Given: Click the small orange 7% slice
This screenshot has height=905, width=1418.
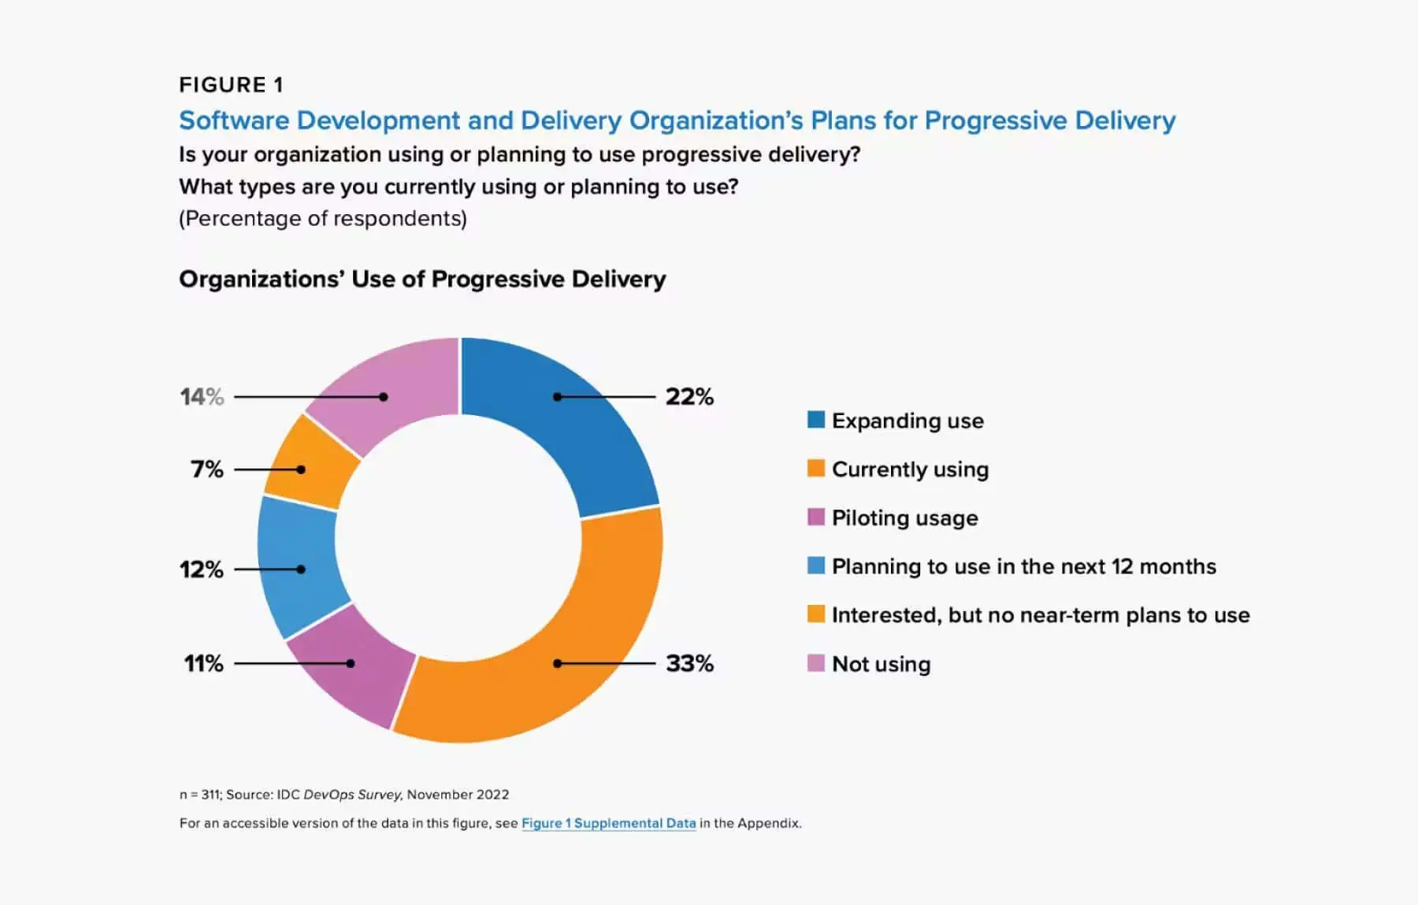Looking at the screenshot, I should [x=311, y=465].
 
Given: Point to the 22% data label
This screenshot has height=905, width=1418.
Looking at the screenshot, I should [x=689, y=397].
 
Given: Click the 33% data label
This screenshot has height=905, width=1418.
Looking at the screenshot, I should [x=689, y=663].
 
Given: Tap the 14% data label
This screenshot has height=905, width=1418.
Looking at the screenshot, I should [x=202, y=397].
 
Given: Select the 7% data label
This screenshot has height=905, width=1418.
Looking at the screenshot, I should [x=207, y=469].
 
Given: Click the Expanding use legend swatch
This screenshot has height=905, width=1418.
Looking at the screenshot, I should [x=816, y=420].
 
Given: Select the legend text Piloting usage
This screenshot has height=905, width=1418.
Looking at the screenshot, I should [x=904, y=517].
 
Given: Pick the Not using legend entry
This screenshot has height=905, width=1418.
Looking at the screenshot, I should [x=881, y=664].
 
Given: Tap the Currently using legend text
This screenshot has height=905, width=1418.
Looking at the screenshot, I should [x=910, y=469].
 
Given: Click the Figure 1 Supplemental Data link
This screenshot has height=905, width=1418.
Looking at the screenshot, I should [x=608, y=823].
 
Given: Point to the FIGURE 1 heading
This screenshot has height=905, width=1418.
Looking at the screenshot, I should [x=231, y=85].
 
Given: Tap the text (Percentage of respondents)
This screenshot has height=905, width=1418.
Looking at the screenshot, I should [x=323, y=218].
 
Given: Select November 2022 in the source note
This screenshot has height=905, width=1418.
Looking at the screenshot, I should [x=458, y=795].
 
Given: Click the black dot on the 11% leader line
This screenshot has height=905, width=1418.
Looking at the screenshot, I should [x=351, y=663].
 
